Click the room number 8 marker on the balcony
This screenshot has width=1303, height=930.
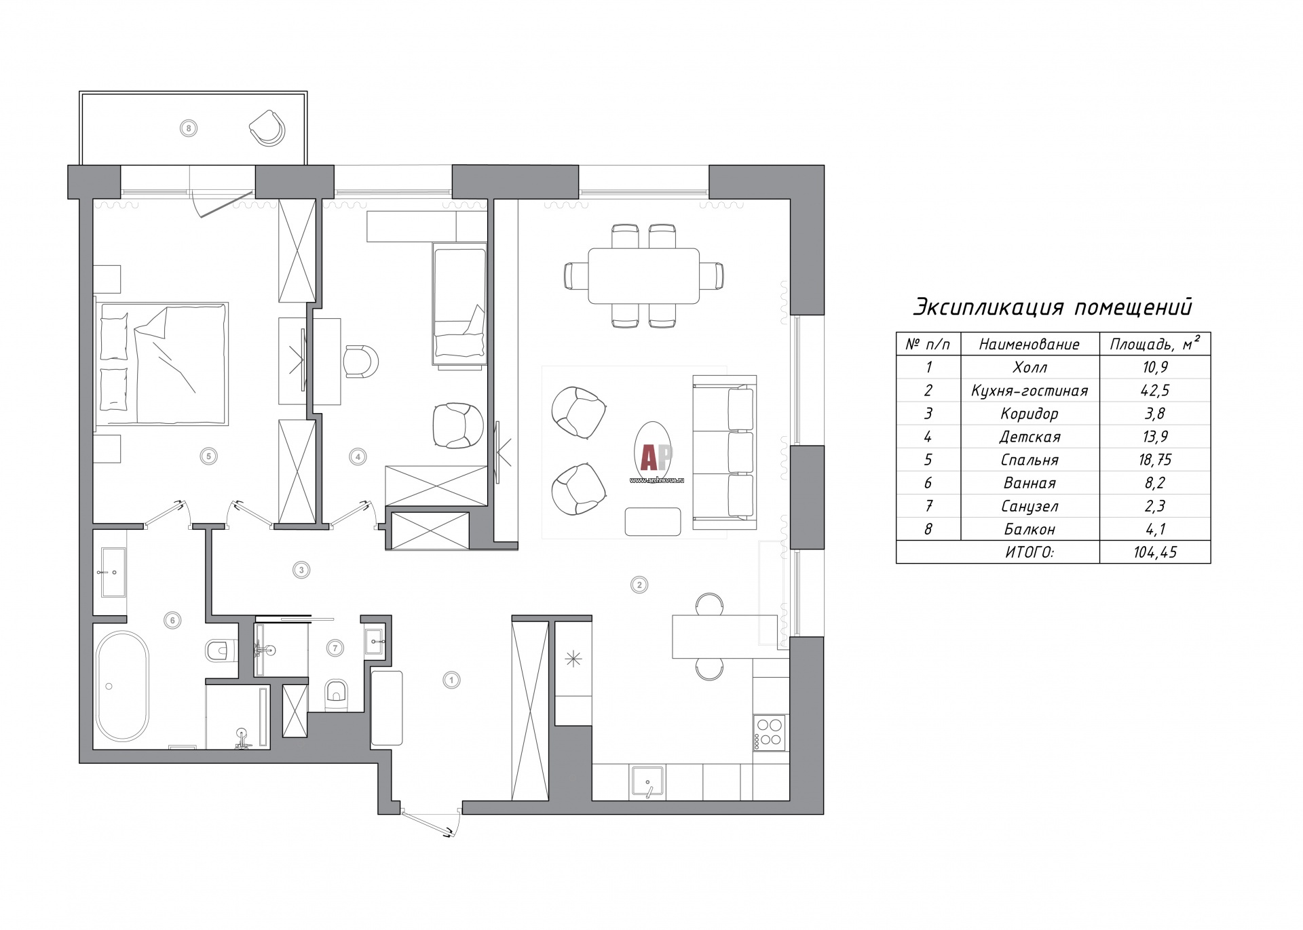click(189, 127)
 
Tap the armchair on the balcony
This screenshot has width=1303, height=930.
click(268, 127)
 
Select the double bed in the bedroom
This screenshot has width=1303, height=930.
click(161, 363)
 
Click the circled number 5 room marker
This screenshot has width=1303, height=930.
click(209, 456)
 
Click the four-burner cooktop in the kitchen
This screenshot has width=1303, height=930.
click(769, 733)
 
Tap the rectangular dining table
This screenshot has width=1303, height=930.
click(643, 276)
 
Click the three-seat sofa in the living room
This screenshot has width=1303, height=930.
click(725, 452)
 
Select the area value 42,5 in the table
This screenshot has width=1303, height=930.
click(1155, 391)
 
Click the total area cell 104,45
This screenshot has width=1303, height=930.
click(1155, 552)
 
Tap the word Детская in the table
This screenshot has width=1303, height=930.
click(1030, 437)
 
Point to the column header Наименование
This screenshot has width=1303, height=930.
click(1030, 345)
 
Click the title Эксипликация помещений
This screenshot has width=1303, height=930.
click(1052, 307)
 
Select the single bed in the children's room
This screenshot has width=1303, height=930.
click(460, 306)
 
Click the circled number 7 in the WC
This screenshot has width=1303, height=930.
click(335, 648)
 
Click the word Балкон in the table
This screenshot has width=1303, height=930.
click(1030, 529)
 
